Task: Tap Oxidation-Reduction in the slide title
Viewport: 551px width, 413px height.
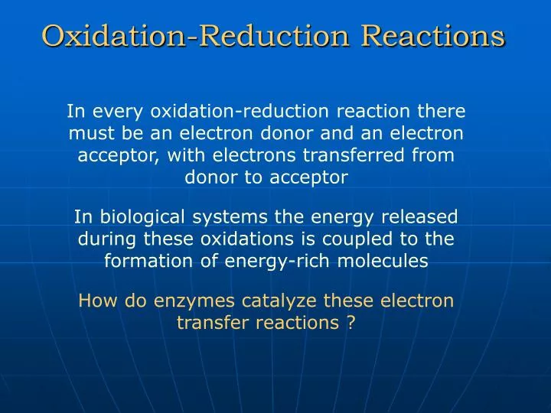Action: point(197,35)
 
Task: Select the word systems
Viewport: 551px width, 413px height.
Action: point(227,216)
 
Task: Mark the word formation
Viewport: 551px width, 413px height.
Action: point(142,261)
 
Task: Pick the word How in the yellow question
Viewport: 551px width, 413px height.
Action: point(94,301)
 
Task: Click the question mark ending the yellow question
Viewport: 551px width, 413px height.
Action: point(350,323)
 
